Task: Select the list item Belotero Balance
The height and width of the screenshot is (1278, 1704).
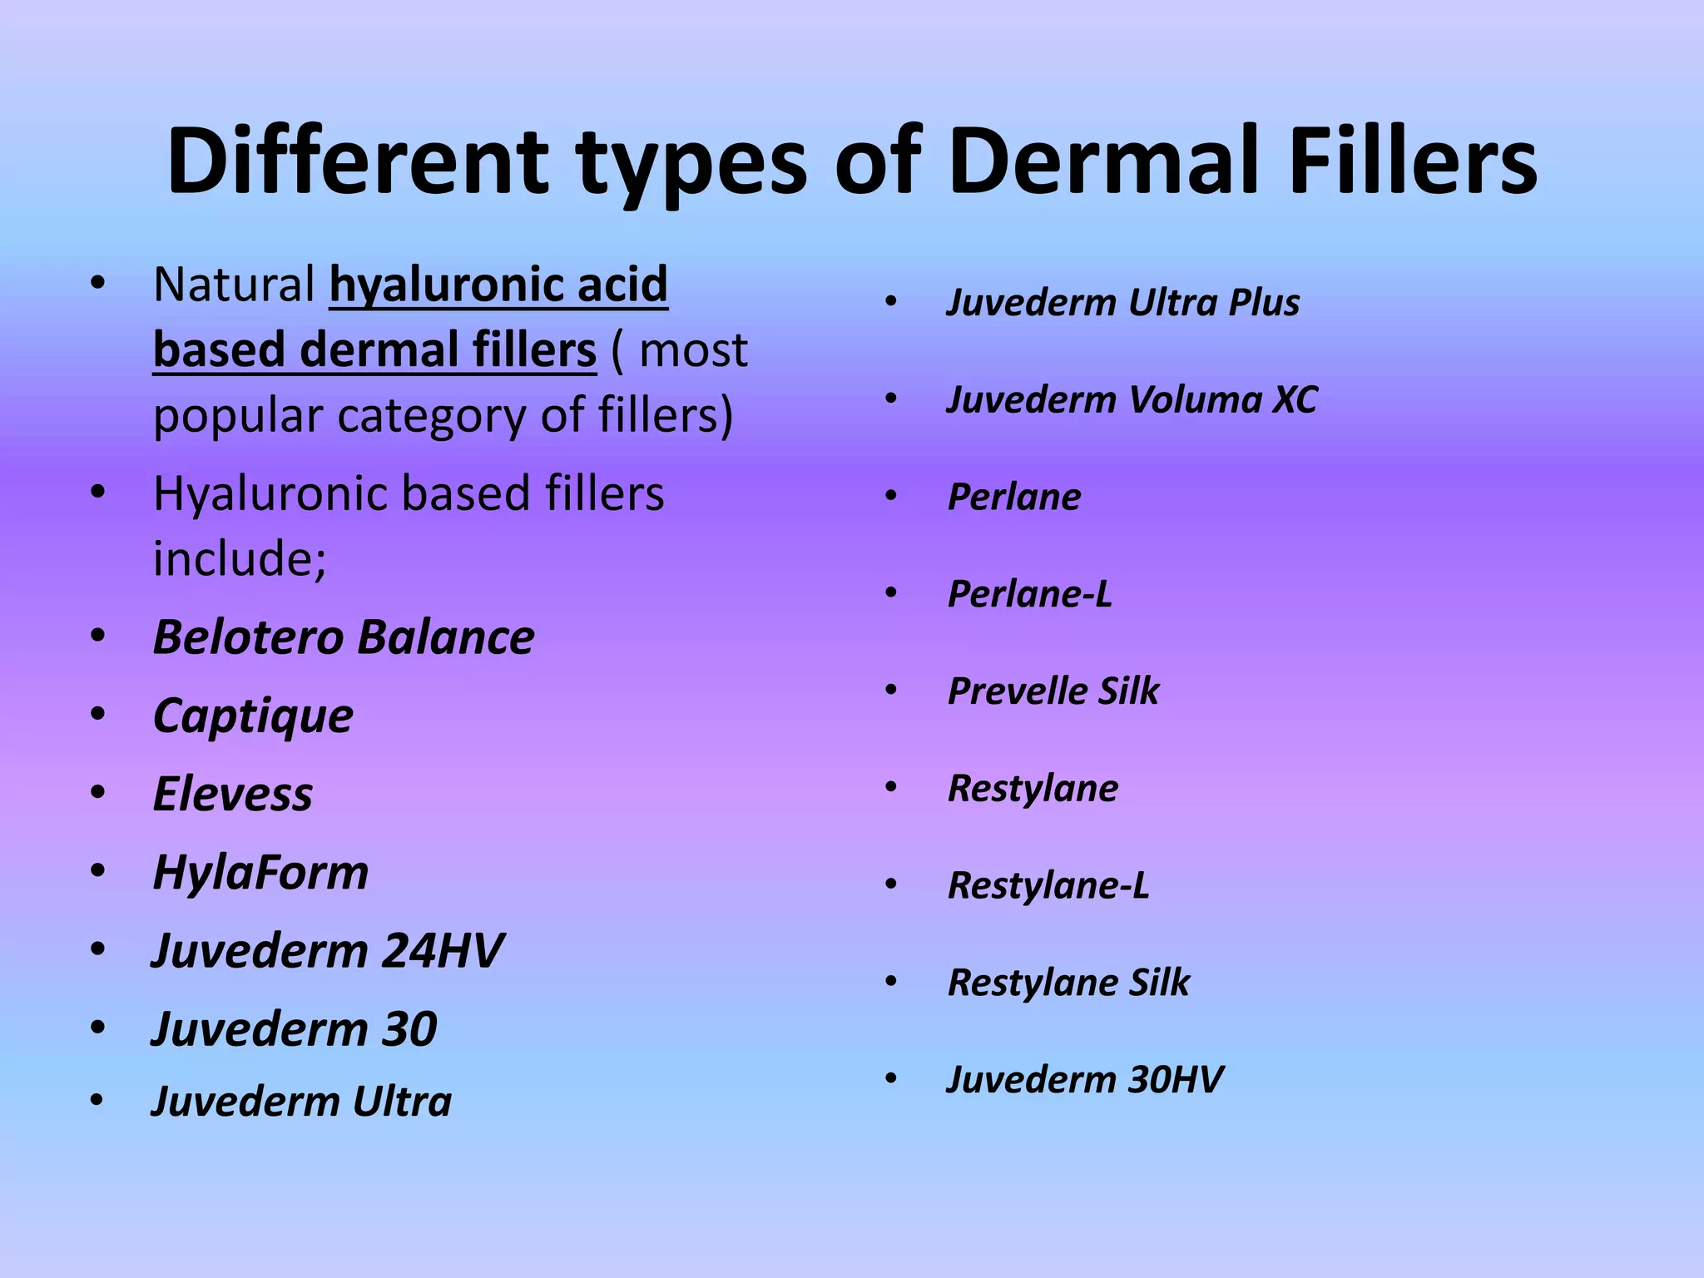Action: point(344,638)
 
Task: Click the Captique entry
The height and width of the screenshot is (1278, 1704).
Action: point(253,716)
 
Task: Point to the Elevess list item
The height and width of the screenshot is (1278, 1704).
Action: point(233,794)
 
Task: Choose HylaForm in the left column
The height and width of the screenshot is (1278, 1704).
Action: point(260,873)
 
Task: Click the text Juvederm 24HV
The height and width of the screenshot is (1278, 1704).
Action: point(328,950)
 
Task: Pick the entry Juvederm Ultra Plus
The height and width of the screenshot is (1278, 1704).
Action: point(1123,303)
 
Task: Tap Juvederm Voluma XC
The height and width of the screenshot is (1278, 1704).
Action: point(1132,400)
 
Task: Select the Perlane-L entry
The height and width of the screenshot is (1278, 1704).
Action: point(1030,594)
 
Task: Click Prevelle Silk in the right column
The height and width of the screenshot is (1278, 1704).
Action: point(1053,691)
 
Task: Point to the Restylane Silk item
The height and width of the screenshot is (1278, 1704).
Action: point(1069,983)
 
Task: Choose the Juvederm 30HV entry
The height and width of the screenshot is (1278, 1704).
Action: point(1085,1080)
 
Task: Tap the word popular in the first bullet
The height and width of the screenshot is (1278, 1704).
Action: point(237,415)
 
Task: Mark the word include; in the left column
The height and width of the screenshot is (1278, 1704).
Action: point(240,558)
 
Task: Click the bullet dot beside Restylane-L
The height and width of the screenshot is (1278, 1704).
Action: point(891,884)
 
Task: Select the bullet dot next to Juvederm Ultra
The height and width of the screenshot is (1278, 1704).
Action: point(97,1102)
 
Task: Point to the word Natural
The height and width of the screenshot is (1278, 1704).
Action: point(234,285)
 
